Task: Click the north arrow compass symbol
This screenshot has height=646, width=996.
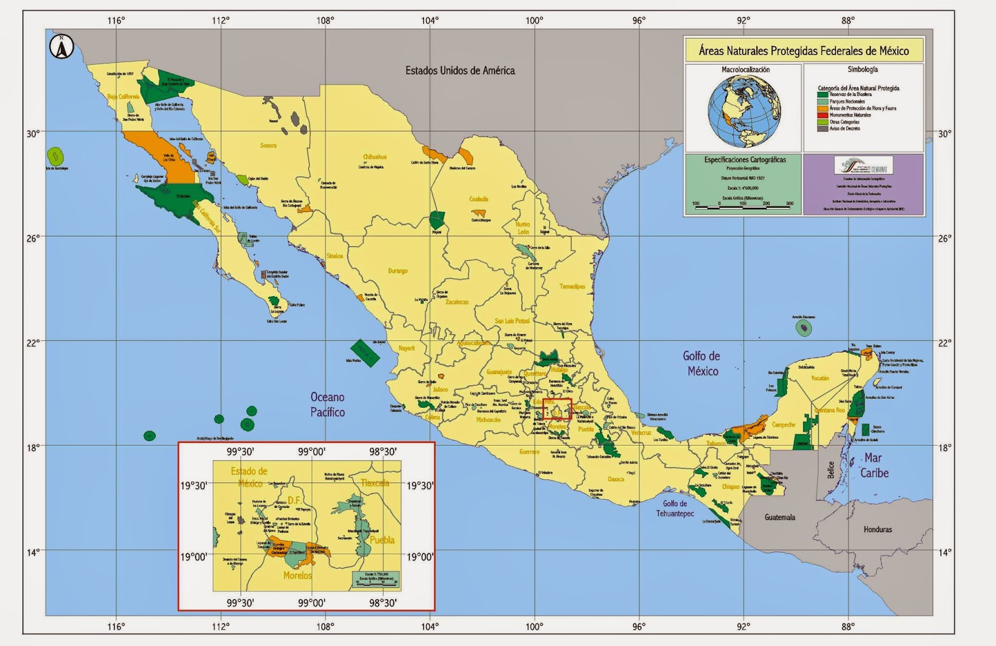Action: tap(62, 47)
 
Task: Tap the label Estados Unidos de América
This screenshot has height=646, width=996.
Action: tap(460, 70)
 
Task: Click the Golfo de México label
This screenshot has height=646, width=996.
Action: tap(702, 363)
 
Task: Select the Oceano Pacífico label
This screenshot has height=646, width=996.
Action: tap(327, 405)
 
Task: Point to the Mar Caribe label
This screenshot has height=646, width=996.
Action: tap(873, 466)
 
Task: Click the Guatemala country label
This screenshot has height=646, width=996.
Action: tap(779, 517)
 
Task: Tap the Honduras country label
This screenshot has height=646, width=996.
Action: tap(877, 530)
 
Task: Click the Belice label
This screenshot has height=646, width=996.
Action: tap(830, 470)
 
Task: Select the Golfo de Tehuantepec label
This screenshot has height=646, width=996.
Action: tap(675, 508)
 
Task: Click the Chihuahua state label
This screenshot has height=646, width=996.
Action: tap(375, 157)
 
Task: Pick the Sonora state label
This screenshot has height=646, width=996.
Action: tap(268, 146)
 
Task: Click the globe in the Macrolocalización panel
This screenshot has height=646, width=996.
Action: tap(744, 111)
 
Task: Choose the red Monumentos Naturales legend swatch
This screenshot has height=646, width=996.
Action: tap(823, 115)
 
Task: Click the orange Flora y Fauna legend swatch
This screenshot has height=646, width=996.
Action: tap(823, 108)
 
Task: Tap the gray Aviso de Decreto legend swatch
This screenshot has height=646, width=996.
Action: tap(823, 129)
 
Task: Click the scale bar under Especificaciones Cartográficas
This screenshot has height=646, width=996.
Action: tap(743, 207)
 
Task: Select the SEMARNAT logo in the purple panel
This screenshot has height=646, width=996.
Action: tap(863, 166)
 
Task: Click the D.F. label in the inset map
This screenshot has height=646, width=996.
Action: tap(294, 500)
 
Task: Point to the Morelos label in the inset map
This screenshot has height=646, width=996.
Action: tap(297, 576)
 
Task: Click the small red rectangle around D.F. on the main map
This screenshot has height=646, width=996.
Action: tap(557, 410)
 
